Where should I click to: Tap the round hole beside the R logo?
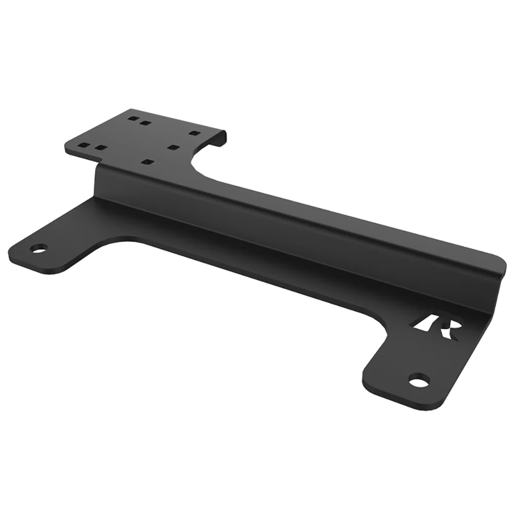[x=419, y=381]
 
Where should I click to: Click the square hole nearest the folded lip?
[x=194, y=133]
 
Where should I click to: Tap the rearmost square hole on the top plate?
[x=133, y=118]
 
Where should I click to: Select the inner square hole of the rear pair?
[x=146, y=123]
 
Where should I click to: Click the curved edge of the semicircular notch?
[x=198, y=164]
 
